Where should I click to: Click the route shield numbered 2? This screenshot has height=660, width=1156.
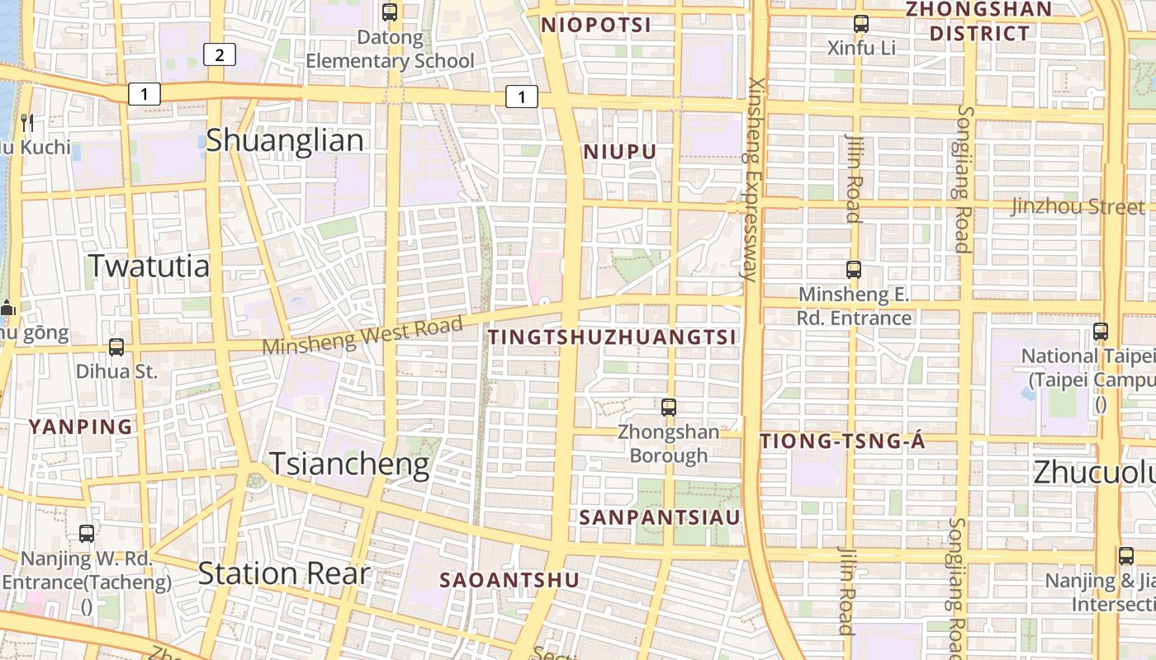tap(219, 55)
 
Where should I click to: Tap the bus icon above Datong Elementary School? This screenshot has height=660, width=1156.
tap(390, 12)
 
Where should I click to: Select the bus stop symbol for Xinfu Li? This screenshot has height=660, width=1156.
tap(861, 24)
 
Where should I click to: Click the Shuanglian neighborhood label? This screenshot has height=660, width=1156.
tap(284, 140)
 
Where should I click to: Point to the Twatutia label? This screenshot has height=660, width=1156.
tap(149, 266)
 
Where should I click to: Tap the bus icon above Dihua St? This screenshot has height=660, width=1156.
tap(116, 347)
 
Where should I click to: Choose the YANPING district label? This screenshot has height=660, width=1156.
tap(81, 427)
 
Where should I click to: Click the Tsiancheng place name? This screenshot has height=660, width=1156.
tap(349, 464)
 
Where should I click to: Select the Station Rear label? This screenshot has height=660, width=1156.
tap(283, 573)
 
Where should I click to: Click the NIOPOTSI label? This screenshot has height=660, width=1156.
tap(596, 26)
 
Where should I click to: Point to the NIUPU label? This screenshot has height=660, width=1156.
tap(620, 152)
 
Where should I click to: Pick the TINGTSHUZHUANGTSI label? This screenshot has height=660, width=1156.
tap(612, 337)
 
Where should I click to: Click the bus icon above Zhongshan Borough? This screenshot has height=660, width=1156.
tap(669, 407)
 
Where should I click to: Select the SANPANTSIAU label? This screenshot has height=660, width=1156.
tap(660, 517)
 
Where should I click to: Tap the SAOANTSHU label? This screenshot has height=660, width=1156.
tap(509, 580)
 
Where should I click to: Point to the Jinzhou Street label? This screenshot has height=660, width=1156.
tap(1078, 206)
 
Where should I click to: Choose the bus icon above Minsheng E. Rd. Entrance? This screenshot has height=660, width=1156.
tap(854, 270)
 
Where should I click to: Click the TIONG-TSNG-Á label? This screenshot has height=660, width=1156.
tap(842, 441)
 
